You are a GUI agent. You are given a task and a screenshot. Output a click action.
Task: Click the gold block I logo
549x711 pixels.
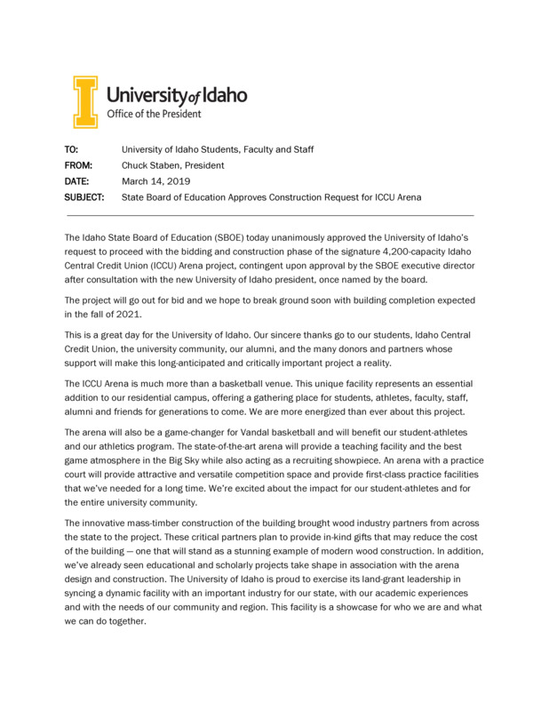[85, 101]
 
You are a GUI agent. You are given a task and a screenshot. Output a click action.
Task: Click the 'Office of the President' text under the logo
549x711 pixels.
[154, 114]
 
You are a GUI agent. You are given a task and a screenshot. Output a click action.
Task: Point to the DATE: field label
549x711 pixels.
[77, 181]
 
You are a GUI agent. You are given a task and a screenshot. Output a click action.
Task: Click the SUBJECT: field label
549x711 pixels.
[84, 197]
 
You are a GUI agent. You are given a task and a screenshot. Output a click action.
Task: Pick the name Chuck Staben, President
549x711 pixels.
[172, 165]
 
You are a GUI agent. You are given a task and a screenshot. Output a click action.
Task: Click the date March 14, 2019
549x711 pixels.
[150, 181]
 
